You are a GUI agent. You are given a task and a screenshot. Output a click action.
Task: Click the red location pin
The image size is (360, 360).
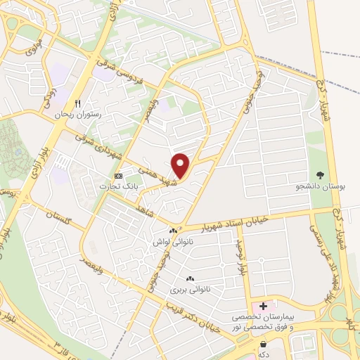(x=181, y=165)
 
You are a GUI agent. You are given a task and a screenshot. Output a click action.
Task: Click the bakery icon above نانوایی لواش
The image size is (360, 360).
(x=173, y=231)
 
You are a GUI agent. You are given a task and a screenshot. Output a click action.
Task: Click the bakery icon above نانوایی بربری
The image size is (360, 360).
(x=189, y=278)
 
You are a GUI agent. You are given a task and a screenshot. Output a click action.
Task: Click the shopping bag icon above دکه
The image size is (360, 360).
(x=263, y=345)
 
